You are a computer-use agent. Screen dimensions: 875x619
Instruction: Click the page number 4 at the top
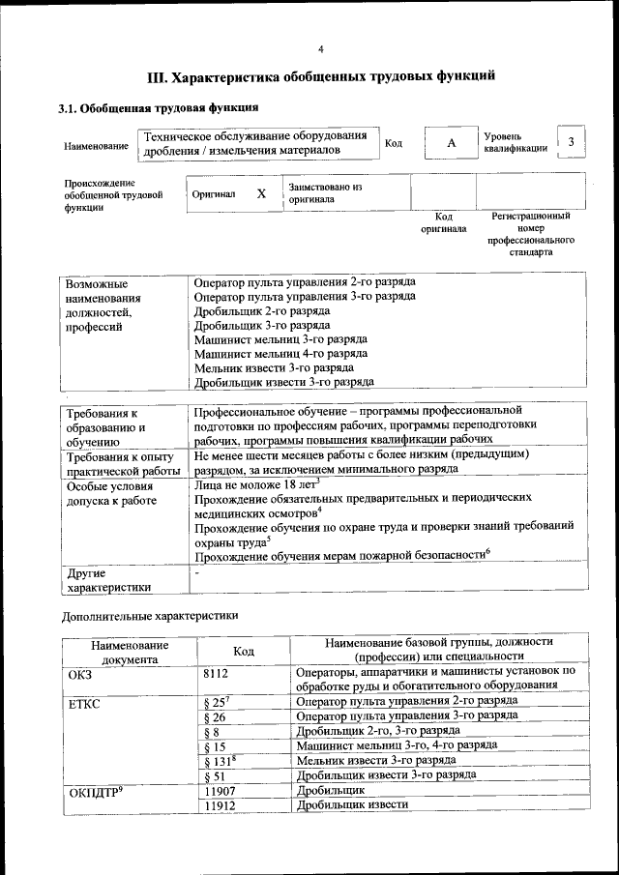tap(321, 49)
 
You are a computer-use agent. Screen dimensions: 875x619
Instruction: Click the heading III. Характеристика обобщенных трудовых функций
tap(321, 76)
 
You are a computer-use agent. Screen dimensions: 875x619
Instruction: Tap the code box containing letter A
tap(450, 143)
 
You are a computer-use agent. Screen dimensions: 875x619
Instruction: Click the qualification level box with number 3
tap(571, 142)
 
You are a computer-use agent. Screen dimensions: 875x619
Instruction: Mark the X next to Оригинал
tap(261, 193)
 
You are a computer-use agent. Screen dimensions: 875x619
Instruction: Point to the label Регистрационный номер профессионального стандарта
tap(529, 234)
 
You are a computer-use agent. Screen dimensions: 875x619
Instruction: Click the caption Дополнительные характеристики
tap(149, 615)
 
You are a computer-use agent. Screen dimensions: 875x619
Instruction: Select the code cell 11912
tap(221, 804)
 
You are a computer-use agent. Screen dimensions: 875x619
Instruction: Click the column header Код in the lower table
tap(244, 651)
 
